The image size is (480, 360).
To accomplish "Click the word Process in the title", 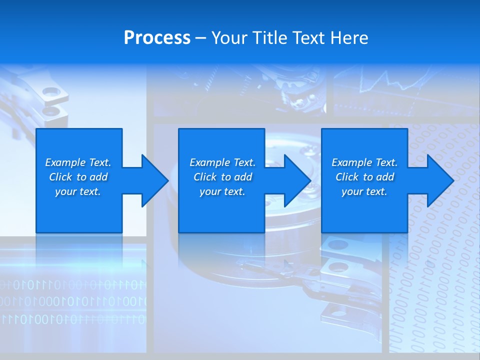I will coord(157,38).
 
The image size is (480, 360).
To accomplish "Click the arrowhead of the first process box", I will coord(154,180).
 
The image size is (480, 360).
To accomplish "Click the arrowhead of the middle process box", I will coord(297,180).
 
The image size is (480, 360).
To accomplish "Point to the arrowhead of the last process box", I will coord(440,180).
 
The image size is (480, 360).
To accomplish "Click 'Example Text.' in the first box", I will coord(78,162).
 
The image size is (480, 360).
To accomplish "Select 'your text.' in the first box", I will coord(78,191).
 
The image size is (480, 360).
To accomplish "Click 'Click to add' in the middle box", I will coord(222,177).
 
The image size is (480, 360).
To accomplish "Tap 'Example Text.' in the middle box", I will coord(222,162).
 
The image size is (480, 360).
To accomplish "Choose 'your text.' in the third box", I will coord(364,191).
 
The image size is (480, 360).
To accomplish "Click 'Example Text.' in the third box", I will coord(364,162).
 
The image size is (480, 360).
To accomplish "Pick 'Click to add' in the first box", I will coord(78,177).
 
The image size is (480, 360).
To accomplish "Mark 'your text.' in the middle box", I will coord(222,191).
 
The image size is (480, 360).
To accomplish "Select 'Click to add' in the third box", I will coord(364,177).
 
